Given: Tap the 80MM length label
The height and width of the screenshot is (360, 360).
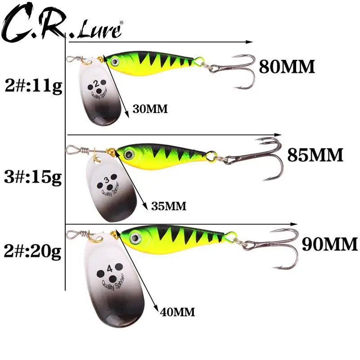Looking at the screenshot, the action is [287, 67].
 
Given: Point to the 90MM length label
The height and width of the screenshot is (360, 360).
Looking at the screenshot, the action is [329, 244].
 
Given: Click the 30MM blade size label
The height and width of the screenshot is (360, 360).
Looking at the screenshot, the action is [150, 109].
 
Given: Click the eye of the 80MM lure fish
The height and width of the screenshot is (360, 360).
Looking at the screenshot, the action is [116, 62].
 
